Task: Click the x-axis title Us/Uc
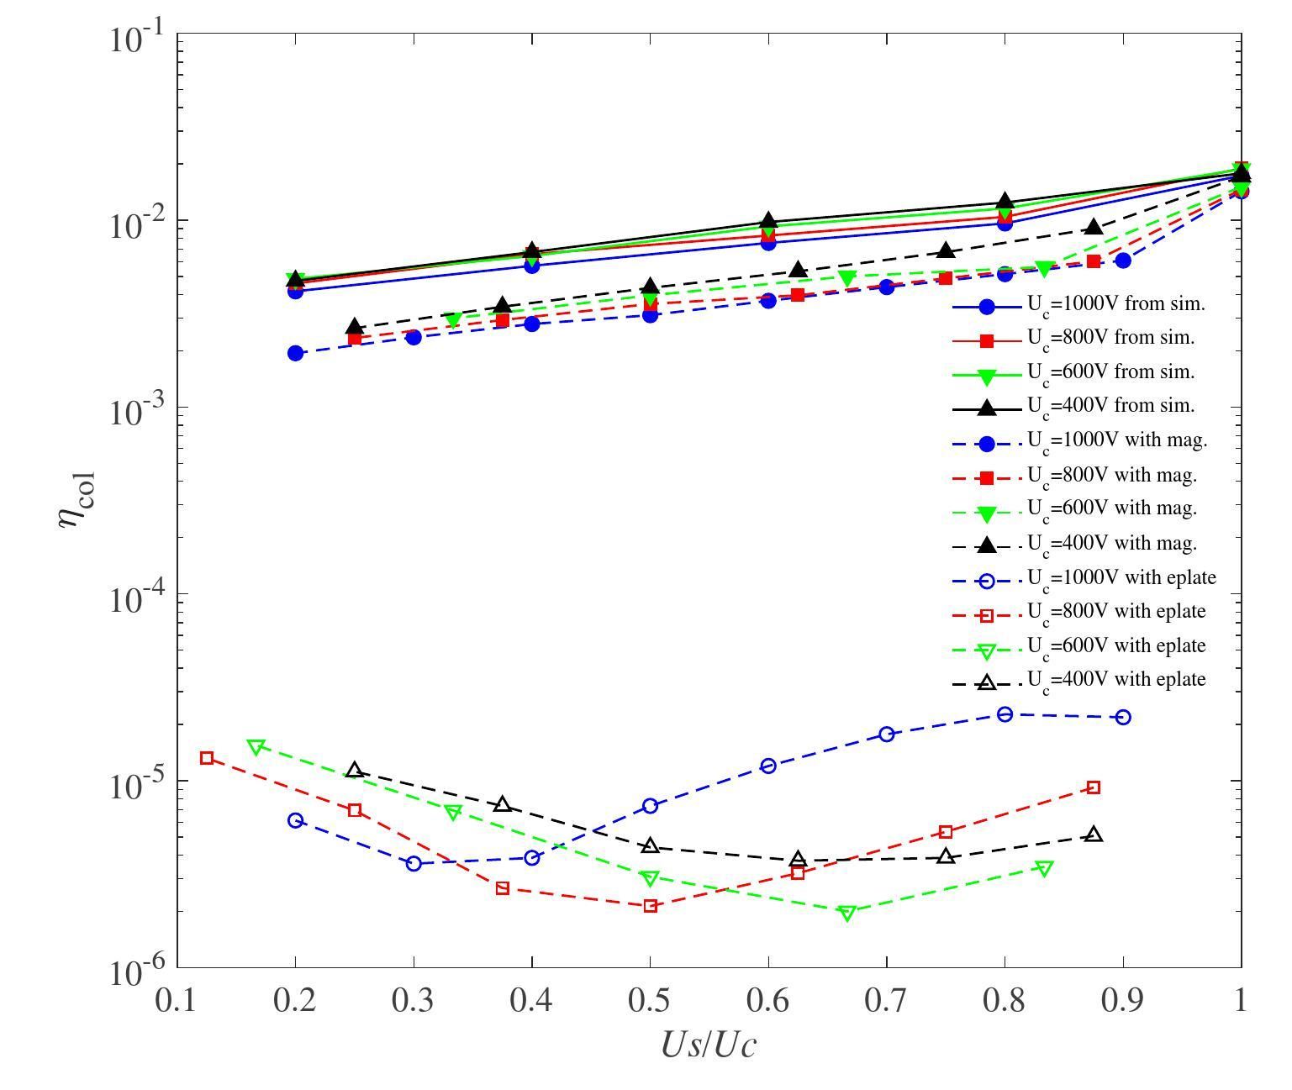pyautogui.click(x=709, y=1045)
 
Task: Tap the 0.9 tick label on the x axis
pyautogui.click(x=1123, y=1000)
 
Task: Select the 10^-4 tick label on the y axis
pyautogui.click(x=140, y=596)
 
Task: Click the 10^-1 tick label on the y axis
pyautogui.click(x=140, y=38)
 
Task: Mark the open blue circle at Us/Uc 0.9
pyautogui.click(x=1123, y=717)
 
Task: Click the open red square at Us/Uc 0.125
pyautogui.click(x=207, y=758)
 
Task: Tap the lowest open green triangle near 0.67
pyautogui.click(x=847, y=913)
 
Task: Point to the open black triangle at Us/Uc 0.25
pyautogui.click(x=355, y=770)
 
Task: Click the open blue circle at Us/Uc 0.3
pyautogui.click(x=414, y=863)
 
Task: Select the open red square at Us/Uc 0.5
pyautogui.click(x=650, y=906)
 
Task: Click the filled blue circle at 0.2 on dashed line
pyautogui.click(x=295, y=353)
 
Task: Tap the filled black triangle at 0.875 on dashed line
pyautogui.click(x=1094, y=227)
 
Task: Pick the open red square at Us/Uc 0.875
pyautogui.click(x=1094, y=787)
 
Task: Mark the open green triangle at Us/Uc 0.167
pyautogui.click(x=256, y=746)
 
